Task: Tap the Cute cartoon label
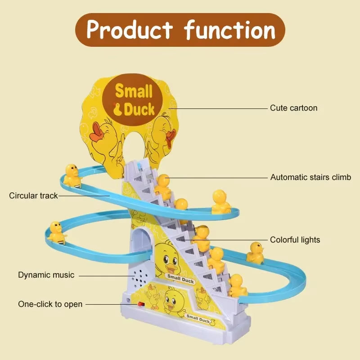coord(293,108)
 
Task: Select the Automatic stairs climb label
coord(310,177)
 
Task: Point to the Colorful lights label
coord(295,240)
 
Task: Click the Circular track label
coord(34,196)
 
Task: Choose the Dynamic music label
coord(46,274)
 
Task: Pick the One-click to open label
coord(50,304)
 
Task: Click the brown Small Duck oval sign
coord(134,100)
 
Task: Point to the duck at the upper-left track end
coord(72,175)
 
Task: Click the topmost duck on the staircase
coord(163,186)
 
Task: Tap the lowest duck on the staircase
coord(237,286)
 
